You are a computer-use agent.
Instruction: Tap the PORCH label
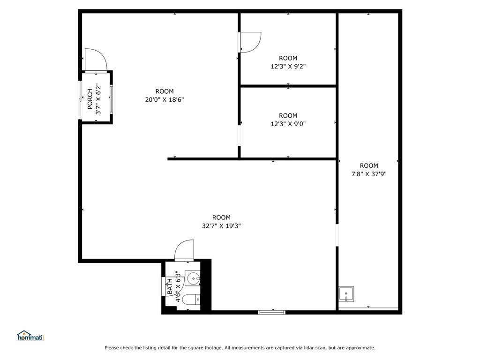90,99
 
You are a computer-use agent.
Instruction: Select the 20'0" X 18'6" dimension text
165,99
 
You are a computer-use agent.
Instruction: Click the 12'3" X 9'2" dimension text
288,66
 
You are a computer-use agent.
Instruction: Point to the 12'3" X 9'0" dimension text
288,124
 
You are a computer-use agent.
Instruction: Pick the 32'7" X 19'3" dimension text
221,226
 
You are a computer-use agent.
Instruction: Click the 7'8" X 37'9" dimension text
369,174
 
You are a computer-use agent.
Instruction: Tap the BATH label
170,286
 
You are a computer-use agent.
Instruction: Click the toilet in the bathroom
191,299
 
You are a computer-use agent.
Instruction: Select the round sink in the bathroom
193,278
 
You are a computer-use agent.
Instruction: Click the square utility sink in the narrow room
346,294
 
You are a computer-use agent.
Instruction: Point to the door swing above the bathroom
184,250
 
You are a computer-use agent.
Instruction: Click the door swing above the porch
96,60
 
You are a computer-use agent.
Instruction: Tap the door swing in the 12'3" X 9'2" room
250,42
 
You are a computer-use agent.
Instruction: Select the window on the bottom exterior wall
272,312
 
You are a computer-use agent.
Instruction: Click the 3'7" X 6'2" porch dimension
98,99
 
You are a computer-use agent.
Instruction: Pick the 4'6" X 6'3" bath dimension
178,286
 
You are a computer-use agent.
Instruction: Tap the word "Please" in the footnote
112,348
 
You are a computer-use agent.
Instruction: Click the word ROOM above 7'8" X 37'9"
369,165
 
